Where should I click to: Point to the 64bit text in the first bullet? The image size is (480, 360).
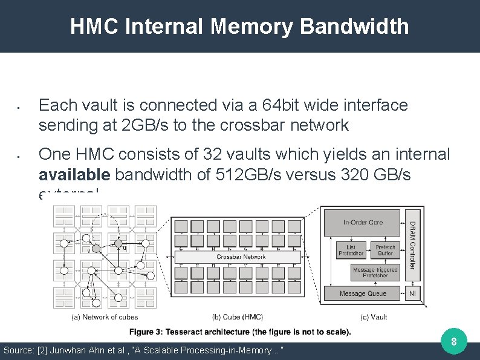[273, 105]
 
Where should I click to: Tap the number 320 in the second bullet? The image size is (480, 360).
[346, 175]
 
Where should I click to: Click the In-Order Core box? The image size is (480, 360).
[363, 223]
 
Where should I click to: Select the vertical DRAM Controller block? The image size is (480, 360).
[412, 245]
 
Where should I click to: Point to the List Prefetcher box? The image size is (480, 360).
[350, 250]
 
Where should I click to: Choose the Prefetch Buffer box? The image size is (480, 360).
[385, 250]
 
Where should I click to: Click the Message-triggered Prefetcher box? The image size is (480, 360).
[375, 272]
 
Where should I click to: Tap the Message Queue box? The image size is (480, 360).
[363, 293]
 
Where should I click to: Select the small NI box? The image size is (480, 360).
[412, 293]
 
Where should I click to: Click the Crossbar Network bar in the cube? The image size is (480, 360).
[241, 257]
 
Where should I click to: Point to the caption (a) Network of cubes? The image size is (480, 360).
[105, 316]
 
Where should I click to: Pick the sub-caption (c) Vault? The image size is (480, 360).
[373, 316]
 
